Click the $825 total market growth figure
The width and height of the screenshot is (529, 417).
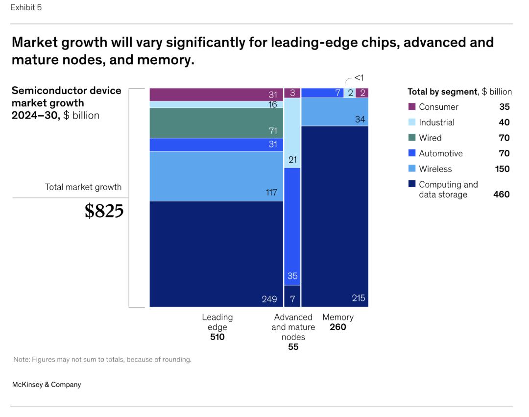(104, 211)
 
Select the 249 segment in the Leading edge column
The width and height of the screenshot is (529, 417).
(216, 254)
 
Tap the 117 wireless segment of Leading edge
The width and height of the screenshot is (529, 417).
(216, 176)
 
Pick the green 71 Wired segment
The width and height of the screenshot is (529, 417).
(216, 123)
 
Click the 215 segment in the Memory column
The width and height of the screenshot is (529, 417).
(335, 216)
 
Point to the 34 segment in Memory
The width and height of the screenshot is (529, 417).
(335, 112)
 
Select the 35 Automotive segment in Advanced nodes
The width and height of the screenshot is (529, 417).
(292, 226)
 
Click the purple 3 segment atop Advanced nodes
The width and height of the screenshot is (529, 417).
(292, 93)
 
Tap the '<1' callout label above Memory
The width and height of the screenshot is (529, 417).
(359, 77)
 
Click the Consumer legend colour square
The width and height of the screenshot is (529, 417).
(411, 107)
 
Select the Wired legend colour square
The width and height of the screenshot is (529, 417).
(411, 138)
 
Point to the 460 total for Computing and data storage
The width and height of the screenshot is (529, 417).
(501, 195)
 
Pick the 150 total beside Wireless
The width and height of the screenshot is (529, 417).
(502, 169)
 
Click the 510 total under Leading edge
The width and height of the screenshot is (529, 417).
(217, 337)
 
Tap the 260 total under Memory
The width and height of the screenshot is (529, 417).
(337, 327)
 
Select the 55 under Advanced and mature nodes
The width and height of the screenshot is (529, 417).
(293, 347)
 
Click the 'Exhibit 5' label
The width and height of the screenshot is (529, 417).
(26, 8)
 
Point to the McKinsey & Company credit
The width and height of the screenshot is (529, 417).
(47, 385)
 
